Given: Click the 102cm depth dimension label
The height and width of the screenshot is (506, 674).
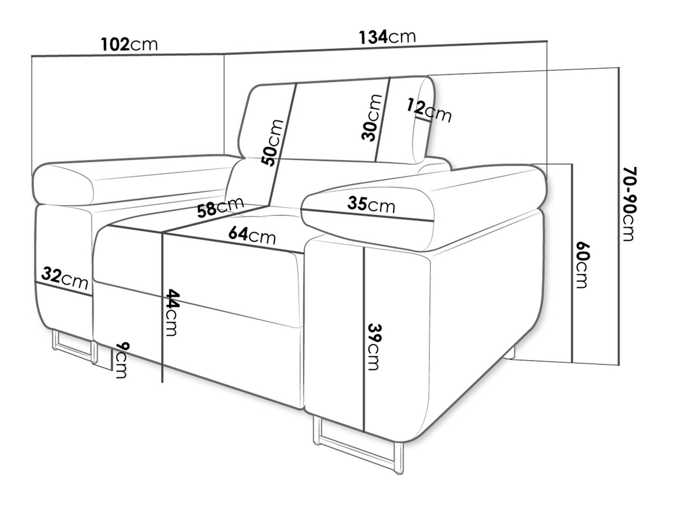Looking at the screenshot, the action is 129,44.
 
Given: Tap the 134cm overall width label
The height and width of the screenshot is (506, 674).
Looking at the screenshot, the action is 387,37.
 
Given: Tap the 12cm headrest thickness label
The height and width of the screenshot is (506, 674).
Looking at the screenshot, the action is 429,110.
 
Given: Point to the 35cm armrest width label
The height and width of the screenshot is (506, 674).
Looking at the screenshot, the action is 371,204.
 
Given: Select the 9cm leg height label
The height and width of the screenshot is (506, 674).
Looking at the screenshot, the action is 121,360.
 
